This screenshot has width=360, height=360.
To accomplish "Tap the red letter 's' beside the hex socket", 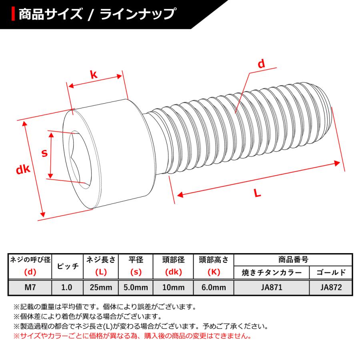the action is coord(45,153).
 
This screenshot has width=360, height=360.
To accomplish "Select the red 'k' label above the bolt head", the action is coord(93,74).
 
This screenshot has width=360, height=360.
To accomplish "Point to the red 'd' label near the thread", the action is coord(261,64).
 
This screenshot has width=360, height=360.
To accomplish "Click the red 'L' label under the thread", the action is coord(257,193).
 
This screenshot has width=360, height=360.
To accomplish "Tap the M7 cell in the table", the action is coord(30,287).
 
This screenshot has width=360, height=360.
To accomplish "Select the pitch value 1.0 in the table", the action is coord(67,287).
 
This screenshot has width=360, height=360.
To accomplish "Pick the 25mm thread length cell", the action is coord(101,287).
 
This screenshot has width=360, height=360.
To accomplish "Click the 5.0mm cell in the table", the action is coord(136,287).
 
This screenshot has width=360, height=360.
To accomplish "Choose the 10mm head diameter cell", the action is coord(173,287).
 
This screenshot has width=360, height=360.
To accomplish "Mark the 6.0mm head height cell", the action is coord(213,287).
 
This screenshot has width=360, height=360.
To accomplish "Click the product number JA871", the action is coord(271,287).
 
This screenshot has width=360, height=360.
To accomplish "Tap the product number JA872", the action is coord(330,287).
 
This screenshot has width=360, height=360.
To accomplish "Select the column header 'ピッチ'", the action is coord(67,266).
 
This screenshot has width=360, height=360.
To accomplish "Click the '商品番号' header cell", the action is coord(293,260).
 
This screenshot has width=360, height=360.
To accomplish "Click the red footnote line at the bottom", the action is coord(132,336).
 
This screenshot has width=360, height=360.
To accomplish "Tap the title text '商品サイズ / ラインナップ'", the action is coord(96,14).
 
